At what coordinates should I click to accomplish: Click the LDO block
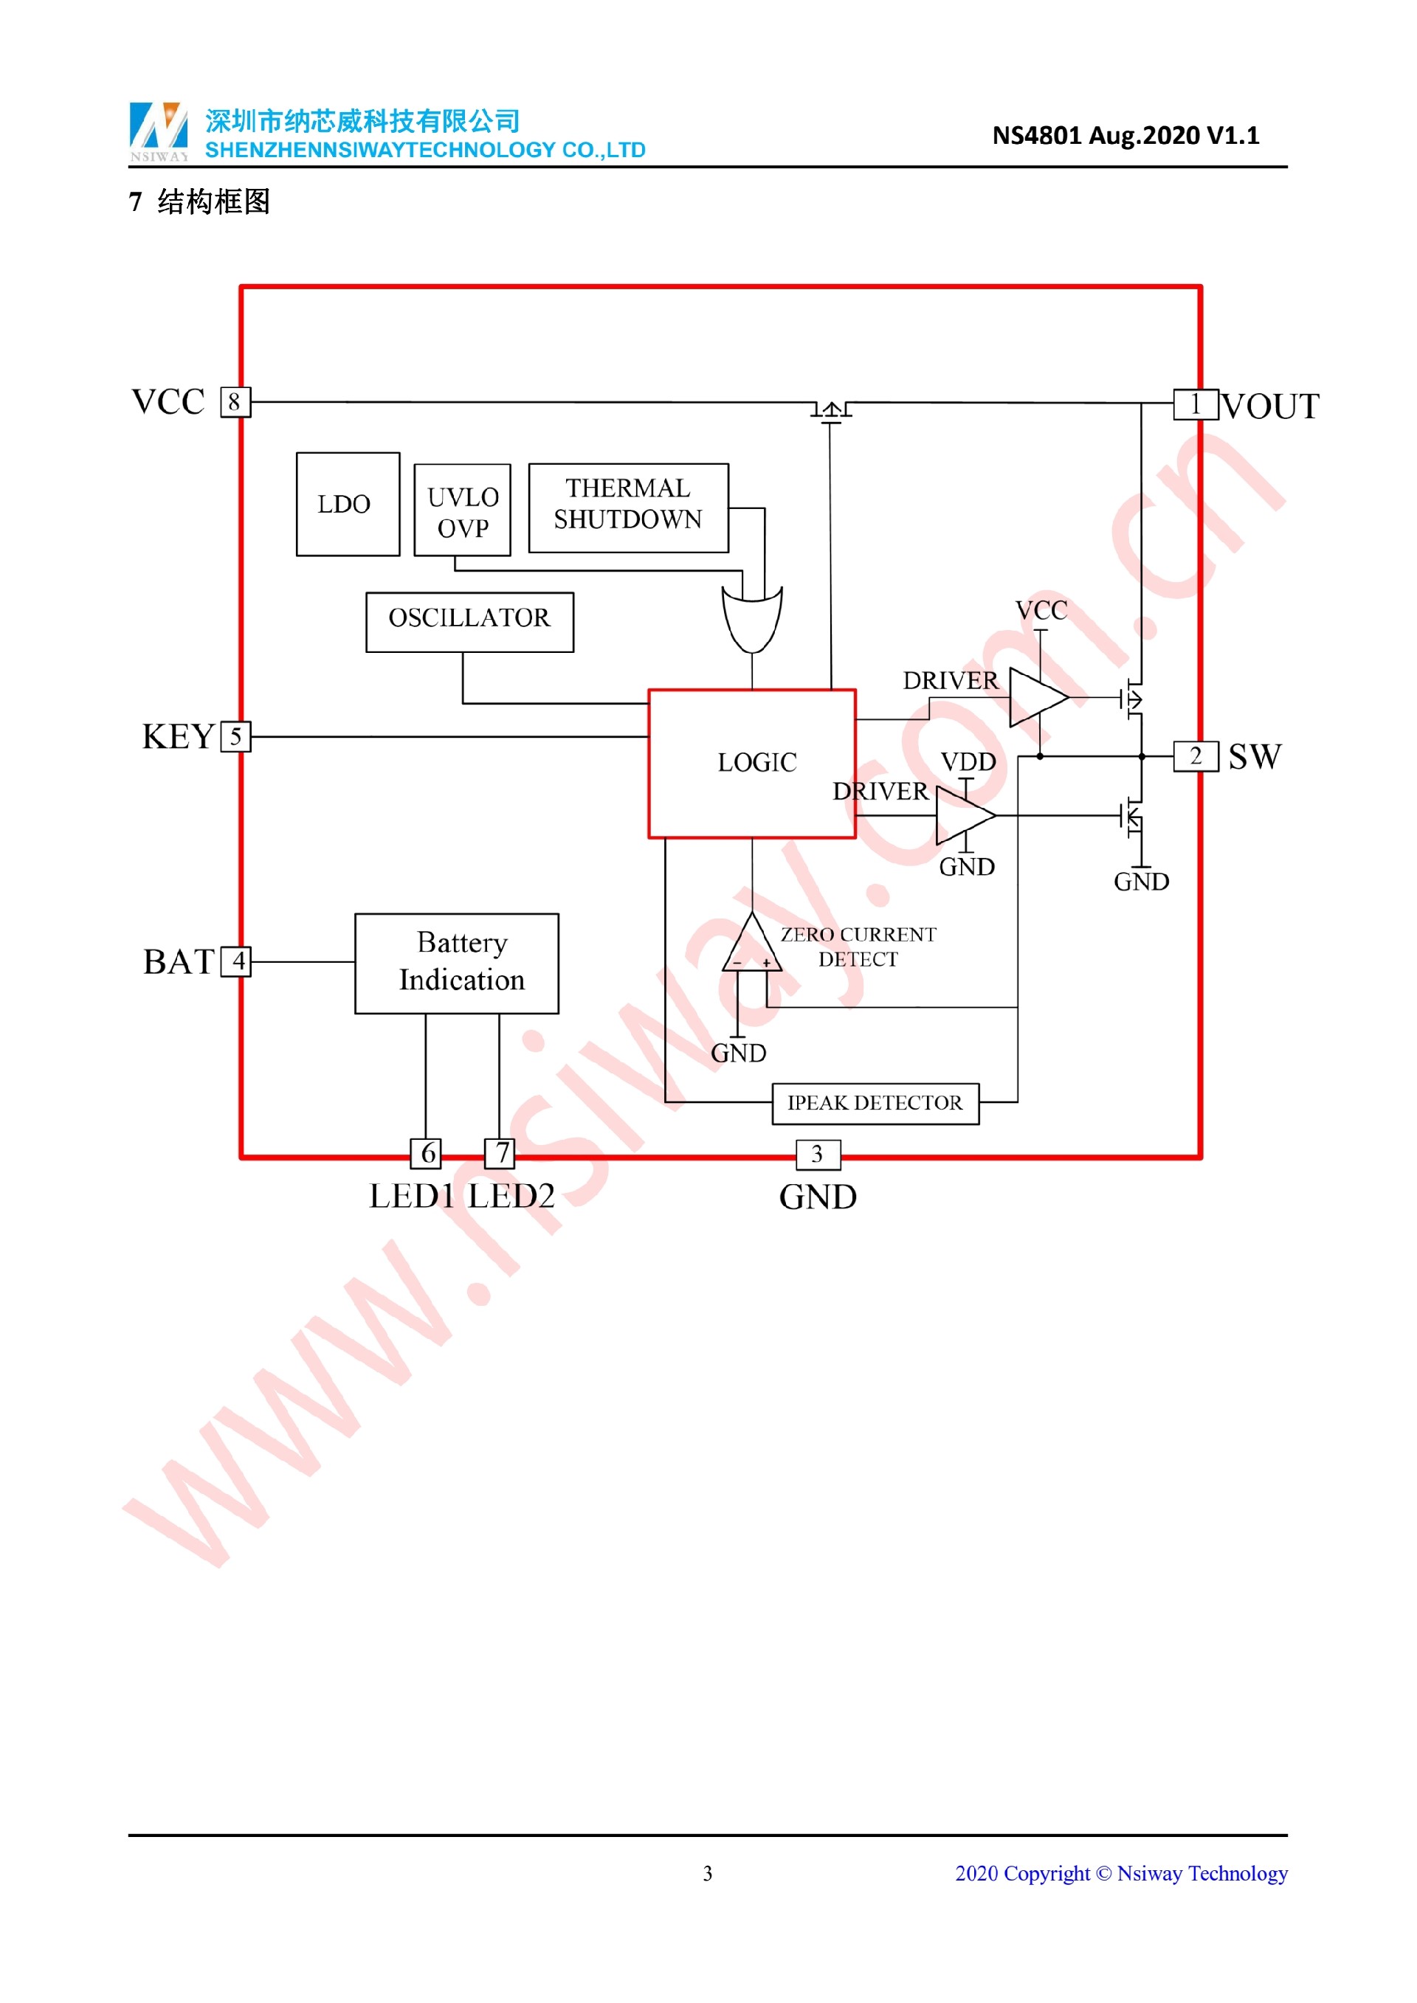click(348, 503)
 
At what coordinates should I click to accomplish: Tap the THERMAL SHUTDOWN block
click(627, 508)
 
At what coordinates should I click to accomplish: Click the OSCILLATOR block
click(469, 621)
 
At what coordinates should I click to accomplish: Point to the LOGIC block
click(751, 764)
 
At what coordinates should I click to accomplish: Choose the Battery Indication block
click(456, 963)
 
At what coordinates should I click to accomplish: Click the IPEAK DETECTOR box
click(875, 1104)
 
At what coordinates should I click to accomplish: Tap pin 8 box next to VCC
click(235, 402)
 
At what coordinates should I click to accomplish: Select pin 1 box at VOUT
click(1195, 405)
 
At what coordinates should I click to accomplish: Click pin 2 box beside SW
click(1195, 755)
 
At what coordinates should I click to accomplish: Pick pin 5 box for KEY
click(235, 736)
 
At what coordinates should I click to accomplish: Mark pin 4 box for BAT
click(235, 961)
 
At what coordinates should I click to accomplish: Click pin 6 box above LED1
click(426, 1152)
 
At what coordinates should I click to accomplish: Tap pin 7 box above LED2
click(500, 1152)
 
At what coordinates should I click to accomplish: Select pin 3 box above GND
click(818, 1154)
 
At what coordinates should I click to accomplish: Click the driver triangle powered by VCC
click(1035, 697)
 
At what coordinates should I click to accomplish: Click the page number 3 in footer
click(708, 1873)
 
